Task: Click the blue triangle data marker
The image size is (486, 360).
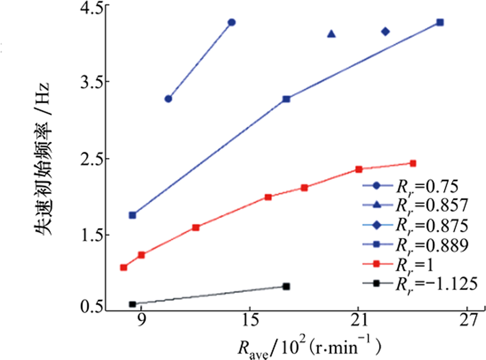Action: [331, 34]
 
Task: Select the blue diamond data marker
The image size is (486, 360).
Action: [386, 31]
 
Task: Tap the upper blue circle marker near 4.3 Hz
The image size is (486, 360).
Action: [232, 22]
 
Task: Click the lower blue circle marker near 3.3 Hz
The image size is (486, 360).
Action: [168, 99]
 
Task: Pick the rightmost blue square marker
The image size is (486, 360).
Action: [440, 22]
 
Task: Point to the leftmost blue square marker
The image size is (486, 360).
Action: [132, 215]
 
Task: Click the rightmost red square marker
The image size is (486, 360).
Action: [413, 163]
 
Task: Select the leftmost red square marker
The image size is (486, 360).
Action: [124, 268]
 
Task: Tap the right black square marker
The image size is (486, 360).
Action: [286, 287]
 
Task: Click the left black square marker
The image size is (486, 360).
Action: [132, 304]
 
